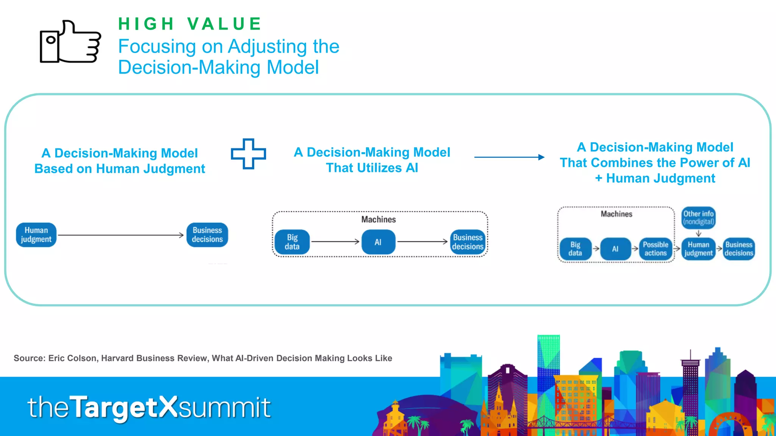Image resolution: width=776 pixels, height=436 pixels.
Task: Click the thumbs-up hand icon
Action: coord(70,42)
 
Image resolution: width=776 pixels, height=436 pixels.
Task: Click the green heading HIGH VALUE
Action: coord(189,24)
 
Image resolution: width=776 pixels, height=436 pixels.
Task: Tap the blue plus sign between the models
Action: coord(249,154)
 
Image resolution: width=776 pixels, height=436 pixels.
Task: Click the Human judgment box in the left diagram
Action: coord(36,235)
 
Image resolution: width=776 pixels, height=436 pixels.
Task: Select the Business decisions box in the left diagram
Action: coord(207,235)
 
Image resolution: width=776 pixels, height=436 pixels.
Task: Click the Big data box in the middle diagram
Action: coord(292,242)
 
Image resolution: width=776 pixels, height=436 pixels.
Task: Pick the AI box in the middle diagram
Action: coord(378,242)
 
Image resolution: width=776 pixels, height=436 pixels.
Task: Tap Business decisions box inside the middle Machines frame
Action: coord(468,242)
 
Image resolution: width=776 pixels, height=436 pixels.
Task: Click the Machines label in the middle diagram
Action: coord(378,220)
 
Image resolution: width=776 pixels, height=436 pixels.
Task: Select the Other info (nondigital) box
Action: coord(698,218)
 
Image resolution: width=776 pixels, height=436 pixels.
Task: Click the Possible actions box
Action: coord(656,249)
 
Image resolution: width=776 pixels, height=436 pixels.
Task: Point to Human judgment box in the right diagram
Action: coord(698,249)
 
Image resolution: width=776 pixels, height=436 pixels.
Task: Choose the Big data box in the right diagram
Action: coord(575,249)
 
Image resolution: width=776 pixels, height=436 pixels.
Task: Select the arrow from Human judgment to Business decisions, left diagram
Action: coord(120,235)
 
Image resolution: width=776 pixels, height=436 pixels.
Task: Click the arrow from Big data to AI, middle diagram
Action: coord(335,241)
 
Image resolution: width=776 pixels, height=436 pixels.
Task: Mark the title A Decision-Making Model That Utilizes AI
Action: coord(372,160)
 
